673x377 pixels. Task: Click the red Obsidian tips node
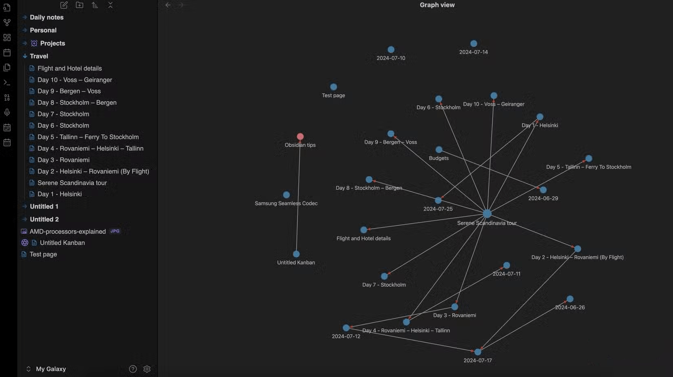click(300, 137)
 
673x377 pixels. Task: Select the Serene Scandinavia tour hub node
click(487, 213)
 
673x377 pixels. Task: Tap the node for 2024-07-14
click(474, 44)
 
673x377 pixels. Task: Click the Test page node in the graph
click(334, 87)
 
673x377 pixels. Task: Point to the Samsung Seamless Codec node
click(286, 195)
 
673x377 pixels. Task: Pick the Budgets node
click(439, 149)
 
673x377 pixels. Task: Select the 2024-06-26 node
click(570, 299)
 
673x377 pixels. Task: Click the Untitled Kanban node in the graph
click(296, 254)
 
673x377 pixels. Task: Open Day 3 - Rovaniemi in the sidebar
click(63, 160)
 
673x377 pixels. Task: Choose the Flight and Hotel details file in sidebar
click(69, 69)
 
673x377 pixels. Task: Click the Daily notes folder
click(46, 18)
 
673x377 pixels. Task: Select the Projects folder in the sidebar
click(53, 43)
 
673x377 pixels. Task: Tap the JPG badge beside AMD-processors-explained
click(115, 231)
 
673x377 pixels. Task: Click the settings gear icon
click(146, 369)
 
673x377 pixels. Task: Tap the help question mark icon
click(133, 369)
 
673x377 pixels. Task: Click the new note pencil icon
click(64, 5)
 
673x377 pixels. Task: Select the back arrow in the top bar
click(168, 5)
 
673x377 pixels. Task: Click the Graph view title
click(437, 5)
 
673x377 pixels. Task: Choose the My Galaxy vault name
click(51, 369)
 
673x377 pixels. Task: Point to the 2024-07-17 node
click(478, 352)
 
